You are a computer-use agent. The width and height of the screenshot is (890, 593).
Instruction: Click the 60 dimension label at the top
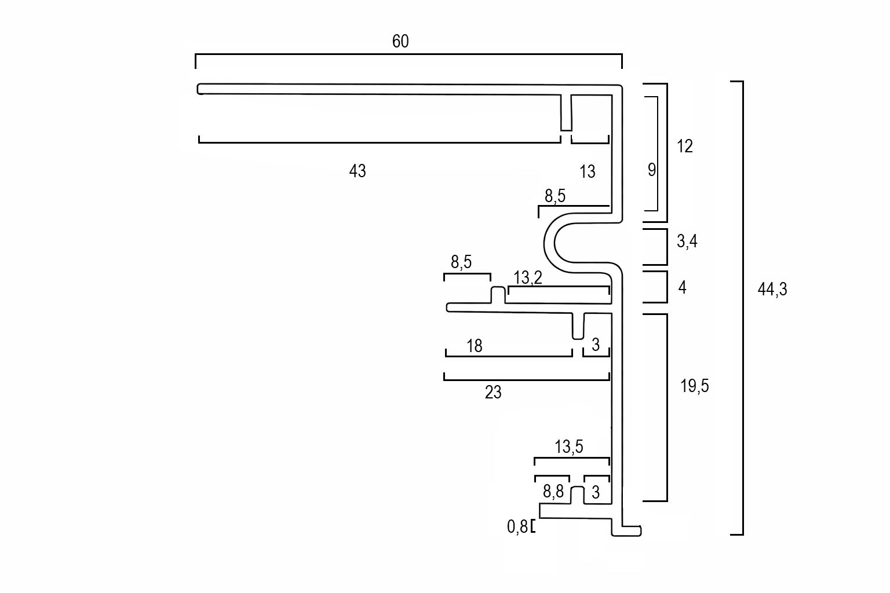click(x=400, y=42)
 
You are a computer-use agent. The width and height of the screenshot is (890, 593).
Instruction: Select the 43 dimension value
click(x=358, y=171)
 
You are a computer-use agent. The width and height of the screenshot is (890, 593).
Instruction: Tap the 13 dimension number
click(x=587, y=171)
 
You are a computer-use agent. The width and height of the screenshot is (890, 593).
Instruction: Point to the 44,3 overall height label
click(x=772, y=290)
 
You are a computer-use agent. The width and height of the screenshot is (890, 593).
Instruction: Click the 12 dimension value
click(x=684, y=147)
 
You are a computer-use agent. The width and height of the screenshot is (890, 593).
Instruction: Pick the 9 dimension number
click(x=651, y=170)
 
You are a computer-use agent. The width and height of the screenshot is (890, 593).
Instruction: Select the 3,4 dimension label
click(x=687, y=241)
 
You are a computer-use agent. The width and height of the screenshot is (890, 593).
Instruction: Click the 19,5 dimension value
click(x=694, y=386)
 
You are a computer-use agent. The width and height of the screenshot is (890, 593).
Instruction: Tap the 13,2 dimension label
click(x=527, y=278)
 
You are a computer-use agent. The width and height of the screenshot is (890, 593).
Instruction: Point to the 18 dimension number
click(x=474, y=346)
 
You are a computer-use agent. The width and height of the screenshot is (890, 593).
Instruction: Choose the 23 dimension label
click(x=493, y=393)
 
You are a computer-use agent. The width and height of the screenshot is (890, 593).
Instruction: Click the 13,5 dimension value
click(x=568, y=447)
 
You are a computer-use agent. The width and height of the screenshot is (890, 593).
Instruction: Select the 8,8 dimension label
click(x=553, y=492)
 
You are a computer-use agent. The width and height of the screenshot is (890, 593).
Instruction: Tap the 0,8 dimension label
click(x=517, y=526)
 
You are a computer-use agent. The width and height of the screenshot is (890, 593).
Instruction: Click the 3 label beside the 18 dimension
click(x=596, y=346)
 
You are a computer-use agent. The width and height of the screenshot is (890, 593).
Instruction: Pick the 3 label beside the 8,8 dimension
click(x=596, y=493)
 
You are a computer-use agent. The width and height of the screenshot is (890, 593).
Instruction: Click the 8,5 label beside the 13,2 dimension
click(x=461, y=262)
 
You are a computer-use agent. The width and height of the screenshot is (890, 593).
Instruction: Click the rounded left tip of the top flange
click(x=200, y=89)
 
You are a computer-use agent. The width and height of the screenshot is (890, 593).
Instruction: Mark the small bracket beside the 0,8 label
click(x=532, y=526)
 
